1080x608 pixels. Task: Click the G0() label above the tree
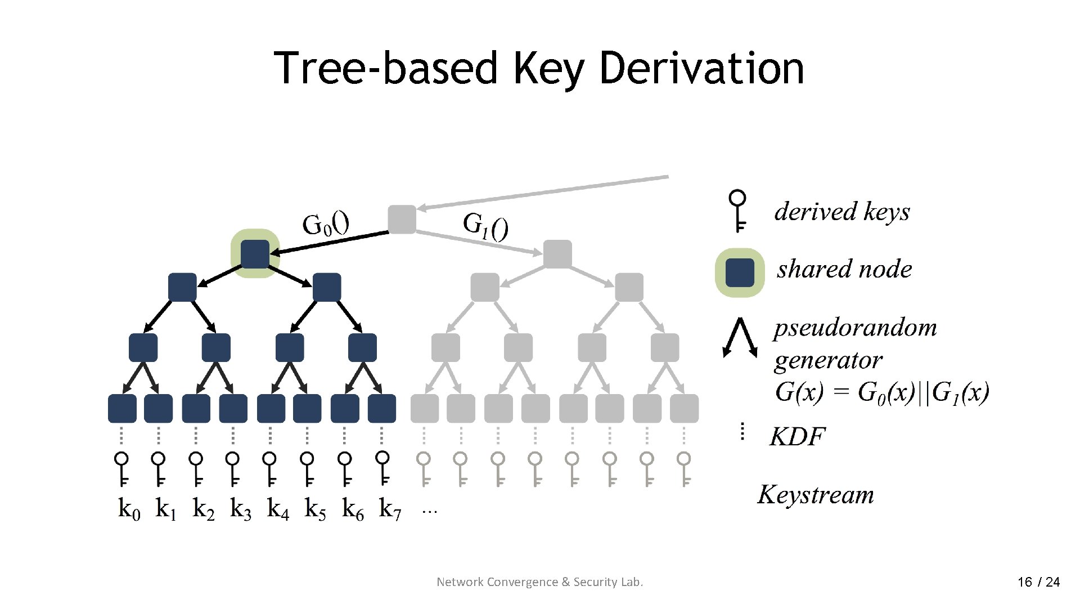click(x=325, y=224)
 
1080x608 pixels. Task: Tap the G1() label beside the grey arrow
click(x=485, y=226)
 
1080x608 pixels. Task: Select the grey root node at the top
click(x=402, y=220)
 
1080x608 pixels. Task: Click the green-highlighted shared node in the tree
click(x=255, y=254)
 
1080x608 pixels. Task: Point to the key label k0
click(x=129, y=509)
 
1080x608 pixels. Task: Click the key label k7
click(x=390, y=509)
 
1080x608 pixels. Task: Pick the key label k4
click(x=278, y=509)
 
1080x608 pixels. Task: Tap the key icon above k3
click(x=232, y=468)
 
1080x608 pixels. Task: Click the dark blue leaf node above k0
click(x=122, y=409)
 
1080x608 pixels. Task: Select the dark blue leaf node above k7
click(x=382, y=409)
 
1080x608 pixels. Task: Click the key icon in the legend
click(x=738, y=211)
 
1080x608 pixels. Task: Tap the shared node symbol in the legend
click(x=740, y=272)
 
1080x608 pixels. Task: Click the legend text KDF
click(x=796, y=437)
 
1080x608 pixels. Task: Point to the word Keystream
click(x=816, y=495)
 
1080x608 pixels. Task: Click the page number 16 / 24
click(x=1038, y=582)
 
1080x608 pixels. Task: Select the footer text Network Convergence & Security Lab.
click(x=539, y=582)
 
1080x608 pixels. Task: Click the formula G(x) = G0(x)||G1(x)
click(x=881, y=392)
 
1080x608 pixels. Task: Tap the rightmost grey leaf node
click(x=684, y=409)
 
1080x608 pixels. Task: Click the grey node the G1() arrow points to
click(x=557, y=254)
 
